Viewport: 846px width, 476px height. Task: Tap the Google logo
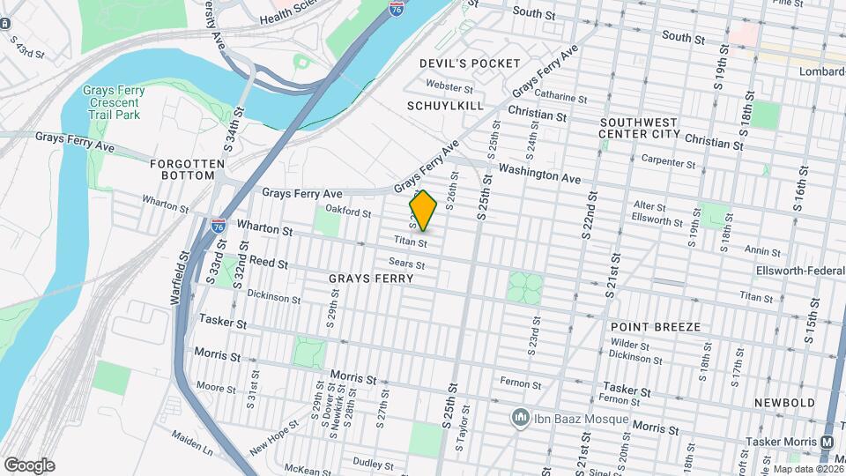click(x=29, y=465)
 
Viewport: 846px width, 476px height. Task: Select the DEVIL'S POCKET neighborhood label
click(x=464, y=63)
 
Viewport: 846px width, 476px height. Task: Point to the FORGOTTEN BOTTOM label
click(x=182, y=169)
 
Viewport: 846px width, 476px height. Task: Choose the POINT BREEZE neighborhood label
click(x=655, y=327)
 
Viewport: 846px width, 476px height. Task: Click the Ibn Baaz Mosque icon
click(x=521, y=417)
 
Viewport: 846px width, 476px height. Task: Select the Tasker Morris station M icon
click(x=827, y=442)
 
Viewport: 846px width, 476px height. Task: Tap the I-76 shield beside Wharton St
click(x=218, y=226)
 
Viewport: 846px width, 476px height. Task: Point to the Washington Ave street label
click(x=539, y=173)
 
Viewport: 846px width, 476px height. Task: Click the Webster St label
click(x=449, y=86)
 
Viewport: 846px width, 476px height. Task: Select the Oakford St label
click(x=348, y=211)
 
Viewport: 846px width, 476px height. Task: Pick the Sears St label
click(x=407, y=264)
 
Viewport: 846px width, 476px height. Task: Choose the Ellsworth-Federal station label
click(x=800, y=270)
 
